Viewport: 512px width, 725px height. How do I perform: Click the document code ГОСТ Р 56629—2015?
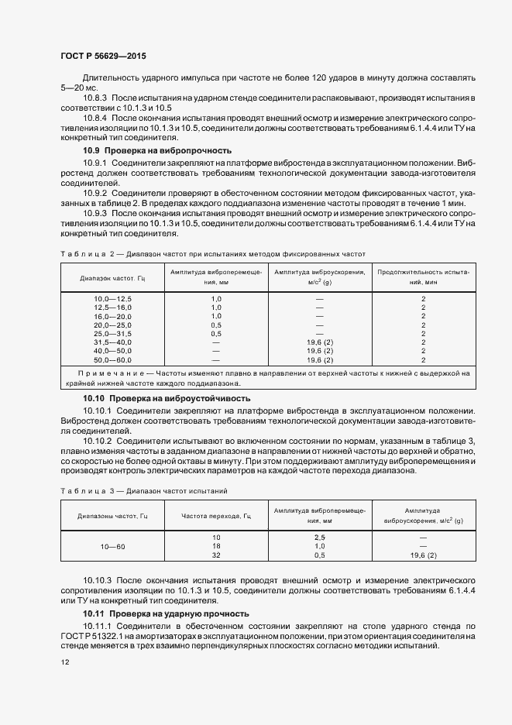click(x=103, y=57)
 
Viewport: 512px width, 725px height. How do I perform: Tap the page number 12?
click(x=64, y=662)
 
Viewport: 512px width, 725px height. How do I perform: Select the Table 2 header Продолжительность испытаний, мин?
click(x=423, y=277)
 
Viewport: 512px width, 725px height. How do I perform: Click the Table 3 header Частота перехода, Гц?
click(x=216, y=516)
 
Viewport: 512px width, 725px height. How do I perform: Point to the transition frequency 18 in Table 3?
click(x=216, y=546)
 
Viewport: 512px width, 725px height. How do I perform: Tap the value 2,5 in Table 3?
click(x=319, y=537)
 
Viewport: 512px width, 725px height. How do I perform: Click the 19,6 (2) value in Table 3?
click(x=422, y=555)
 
